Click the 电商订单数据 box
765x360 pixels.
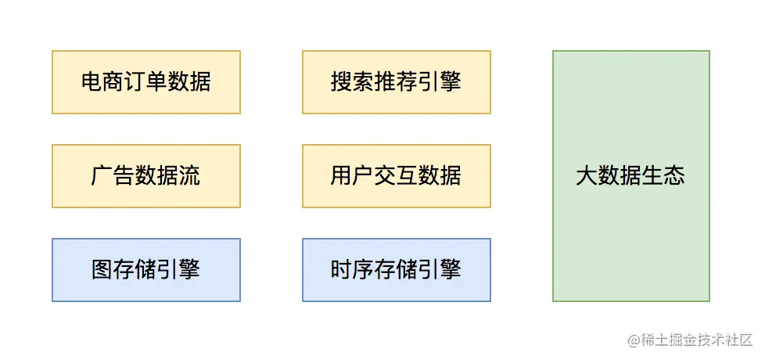pyautogui.click(x=146, y=82)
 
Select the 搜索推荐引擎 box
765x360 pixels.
pyautogui.click(x=397, y=82)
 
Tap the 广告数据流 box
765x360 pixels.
pyautogui.click(x=146, y=176)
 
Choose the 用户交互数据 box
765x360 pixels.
pyautogui.click(x=397, y=176)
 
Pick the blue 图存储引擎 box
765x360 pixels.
pyautogui.click(x=146, y=270)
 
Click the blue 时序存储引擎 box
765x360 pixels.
pyautogui.click(x=397, y=270)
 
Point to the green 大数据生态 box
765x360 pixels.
pyautogui.click(x=631, y=176)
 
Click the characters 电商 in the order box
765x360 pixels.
pyautogui.click(x=102, y=82)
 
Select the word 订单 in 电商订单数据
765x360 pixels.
pyautogui.click(x=146, y=82)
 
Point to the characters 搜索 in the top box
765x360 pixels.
pyautogui.click(x=353, y=82)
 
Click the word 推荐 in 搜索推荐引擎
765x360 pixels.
pyautogui.click(x=397, y=82)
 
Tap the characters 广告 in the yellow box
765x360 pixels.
pyautogui.click(x=113, y=176)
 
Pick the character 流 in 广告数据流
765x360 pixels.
pyautogui.click(x=189, y=176)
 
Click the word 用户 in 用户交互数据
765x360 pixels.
pyautogui.click(x=353, y=176)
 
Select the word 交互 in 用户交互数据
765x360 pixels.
pyautogui.click(x=397, y=176)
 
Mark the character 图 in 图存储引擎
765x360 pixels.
pyautogui.click(x=102, y=270)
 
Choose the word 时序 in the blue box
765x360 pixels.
pyautogui.click(x=353, y=270)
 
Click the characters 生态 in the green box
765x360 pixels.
pyautogui.click(x=664, y=176)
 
